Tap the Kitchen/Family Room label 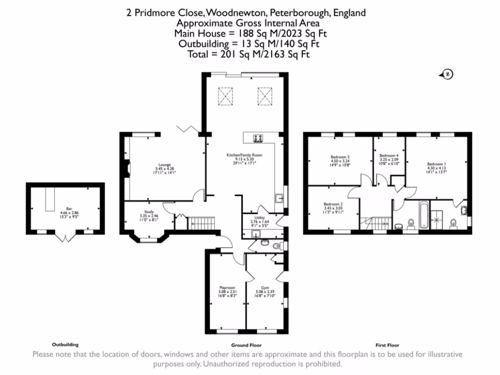pos(244,155)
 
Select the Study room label pos(148,211)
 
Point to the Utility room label pos(259,218)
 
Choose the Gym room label pos(265,288)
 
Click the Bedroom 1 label pos(437,164)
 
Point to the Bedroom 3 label pos(341,157)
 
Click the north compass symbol pos(446,74)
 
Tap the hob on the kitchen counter pos(259,139)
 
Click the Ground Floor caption pos(243,345)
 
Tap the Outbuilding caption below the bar pos(65,344)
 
